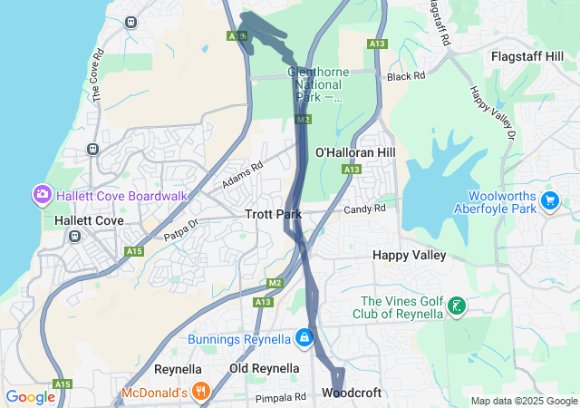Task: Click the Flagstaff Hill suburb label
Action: tap(534, 56)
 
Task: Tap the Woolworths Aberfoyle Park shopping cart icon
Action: tap(548, 199)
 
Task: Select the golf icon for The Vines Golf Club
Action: tap(458, 306)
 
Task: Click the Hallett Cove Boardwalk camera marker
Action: tap(42, 195)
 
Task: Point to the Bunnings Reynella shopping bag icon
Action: tap(304, 339)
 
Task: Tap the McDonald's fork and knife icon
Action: tap(201, 392)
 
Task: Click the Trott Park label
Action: tap(273, 215)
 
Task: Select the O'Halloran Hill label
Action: tap(355, 152)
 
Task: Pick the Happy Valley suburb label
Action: tap(409, 256)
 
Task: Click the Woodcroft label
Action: tap(352, 393)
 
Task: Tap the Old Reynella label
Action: tap(264, 368)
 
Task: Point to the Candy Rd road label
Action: tap(364, 209)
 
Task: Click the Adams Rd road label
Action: tap(242, 175)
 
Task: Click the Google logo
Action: tap(30, 396)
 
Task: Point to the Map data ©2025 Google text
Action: tap(523, 401)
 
